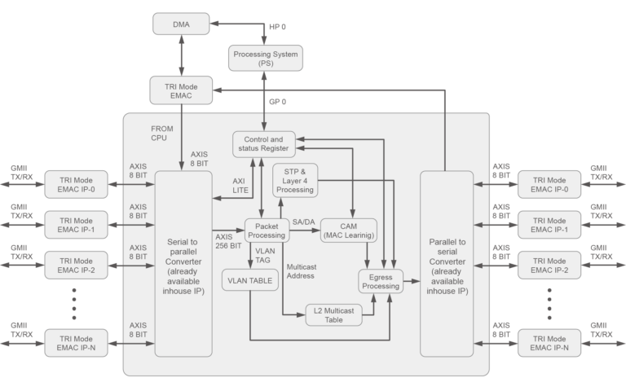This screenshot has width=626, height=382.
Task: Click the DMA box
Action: click(182, 24)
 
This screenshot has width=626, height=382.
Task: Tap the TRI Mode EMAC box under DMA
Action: click(182, 89)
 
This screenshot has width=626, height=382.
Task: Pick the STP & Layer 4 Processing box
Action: click(294, 180)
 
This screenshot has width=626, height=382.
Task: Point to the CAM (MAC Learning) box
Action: click(349, 231)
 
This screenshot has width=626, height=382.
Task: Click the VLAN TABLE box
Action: click(250, 280)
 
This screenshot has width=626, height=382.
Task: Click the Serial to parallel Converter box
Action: click(183, 264)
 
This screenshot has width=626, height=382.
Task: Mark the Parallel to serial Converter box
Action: click(447, 264)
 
